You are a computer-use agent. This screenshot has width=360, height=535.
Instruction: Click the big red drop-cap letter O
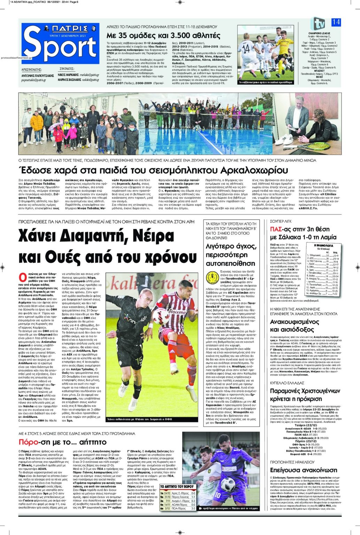(x=22, y=278)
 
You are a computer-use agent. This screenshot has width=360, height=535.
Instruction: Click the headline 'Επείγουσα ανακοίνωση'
(x=304, y=470)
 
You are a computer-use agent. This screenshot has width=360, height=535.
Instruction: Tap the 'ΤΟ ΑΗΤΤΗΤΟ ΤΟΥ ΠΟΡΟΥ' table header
(x=177, y=486)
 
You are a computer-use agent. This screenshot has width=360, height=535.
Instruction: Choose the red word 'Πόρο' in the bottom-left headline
(x=28, y=442)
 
